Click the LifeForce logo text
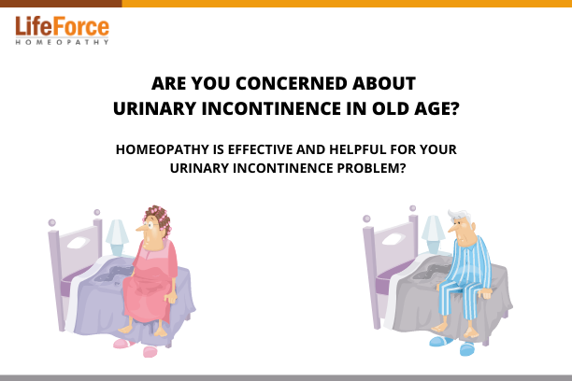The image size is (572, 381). point(62,26)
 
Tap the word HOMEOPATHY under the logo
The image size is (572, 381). point(62,42)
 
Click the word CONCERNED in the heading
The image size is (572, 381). point(292,83)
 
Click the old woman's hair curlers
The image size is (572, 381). point(159,219)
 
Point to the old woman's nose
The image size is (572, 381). point(140,228)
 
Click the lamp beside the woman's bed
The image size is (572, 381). point(117,237)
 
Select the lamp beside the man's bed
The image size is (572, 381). point(433,234)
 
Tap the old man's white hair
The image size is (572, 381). point(461,216)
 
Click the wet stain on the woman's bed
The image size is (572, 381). point(114,275)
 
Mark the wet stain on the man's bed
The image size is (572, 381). point(431,272)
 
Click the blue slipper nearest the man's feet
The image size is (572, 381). point(440,341)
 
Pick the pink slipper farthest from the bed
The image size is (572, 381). point(150,352)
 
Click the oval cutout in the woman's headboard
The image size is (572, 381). point(79,243)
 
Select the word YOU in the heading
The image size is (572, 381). point(211,83)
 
